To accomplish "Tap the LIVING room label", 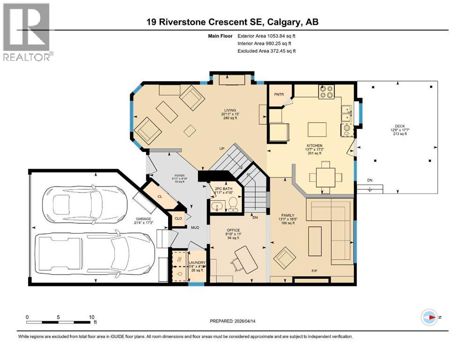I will click(x=229, y=110).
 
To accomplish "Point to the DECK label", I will click(x=399, y=126).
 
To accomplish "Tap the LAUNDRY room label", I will click(x=195, y=263).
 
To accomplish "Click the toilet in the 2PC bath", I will click(x=233, y=203).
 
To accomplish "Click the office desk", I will click(x=245, y=258).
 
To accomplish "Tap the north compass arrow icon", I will click(x=429, y=317).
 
